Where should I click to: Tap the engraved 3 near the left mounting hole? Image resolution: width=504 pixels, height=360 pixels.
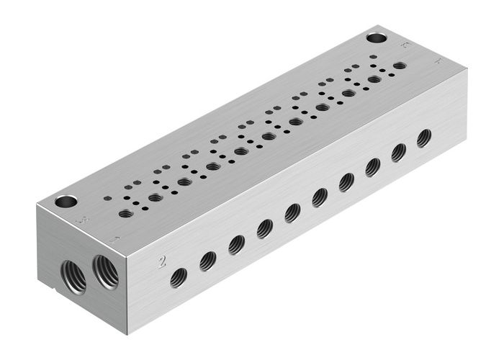click(x=86, y=219)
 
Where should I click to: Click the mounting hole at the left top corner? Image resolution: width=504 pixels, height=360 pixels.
click(x=66, y=202)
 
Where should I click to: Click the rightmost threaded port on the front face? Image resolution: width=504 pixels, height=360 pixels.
click(x=425, y=137)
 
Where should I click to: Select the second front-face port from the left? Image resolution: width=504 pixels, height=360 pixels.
click(x=208, y=261)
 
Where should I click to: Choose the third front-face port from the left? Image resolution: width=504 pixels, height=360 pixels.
click(x=237, y=245)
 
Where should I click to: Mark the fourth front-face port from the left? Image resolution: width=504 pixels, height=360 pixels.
click(x=265, y=228)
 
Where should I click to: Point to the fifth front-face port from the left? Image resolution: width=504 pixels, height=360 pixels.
click(x=292, y=212)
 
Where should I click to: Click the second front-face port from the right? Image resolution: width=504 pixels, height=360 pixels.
click(x=399, y=152)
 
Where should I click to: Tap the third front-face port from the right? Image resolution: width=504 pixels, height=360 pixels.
click(x=373, y=167)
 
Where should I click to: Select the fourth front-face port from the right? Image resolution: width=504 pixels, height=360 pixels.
click(x=346, y=182)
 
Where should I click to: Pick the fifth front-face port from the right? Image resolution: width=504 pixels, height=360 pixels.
click(x=320, y=197)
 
